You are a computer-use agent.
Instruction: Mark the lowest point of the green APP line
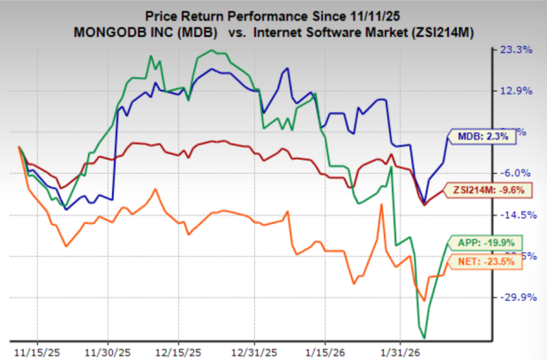[425, 337]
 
